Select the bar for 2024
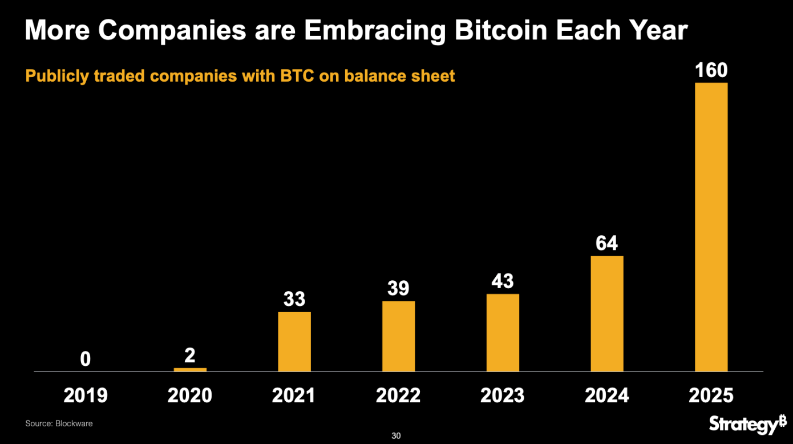(x=607, y=314)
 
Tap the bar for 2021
(x=294, y=342)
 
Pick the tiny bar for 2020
(x=190, y=370)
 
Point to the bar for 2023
(x=503, y=333)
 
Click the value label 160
(x=711, y=71)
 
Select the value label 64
(x=607, y=244)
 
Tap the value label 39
(x=398, y=289)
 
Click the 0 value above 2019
(x=86, y=359)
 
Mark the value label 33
(x=294, y=299)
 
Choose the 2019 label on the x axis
(x=86, y=395)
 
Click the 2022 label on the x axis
(x=398, y=395)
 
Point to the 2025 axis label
(x=711, y=395)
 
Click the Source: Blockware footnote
(x=59, y=423)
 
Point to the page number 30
(x=396, y=436)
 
